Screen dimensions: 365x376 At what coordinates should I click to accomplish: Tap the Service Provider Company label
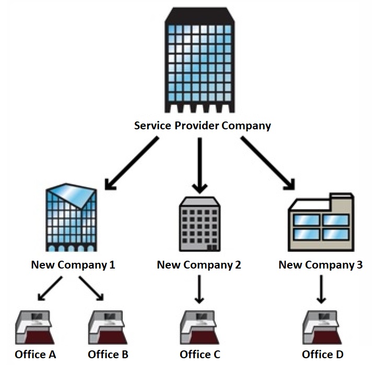(203, 126)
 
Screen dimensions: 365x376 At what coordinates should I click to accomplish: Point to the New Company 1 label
(73, 265)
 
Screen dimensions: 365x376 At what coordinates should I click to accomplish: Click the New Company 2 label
(199, 265)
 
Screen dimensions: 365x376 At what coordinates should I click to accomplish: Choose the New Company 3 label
(320, 265)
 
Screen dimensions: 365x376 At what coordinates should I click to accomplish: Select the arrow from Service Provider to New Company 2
(200, 164)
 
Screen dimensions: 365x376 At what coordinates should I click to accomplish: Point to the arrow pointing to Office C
(199, 290)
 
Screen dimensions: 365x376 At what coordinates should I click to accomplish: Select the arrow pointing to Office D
(321, 290)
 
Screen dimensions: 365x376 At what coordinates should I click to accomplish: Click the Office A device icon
(36, 328)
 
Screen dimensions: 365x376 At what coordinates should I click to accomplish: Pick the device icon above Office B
(108, 328)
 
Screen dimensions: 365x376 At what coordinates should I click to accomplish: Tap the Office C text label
(200, 355)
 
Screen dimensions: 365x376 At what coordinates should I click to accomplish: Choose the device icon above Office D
(322, 328)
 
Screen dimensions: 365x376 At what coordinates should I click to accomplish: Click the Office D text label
(323, 355)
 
